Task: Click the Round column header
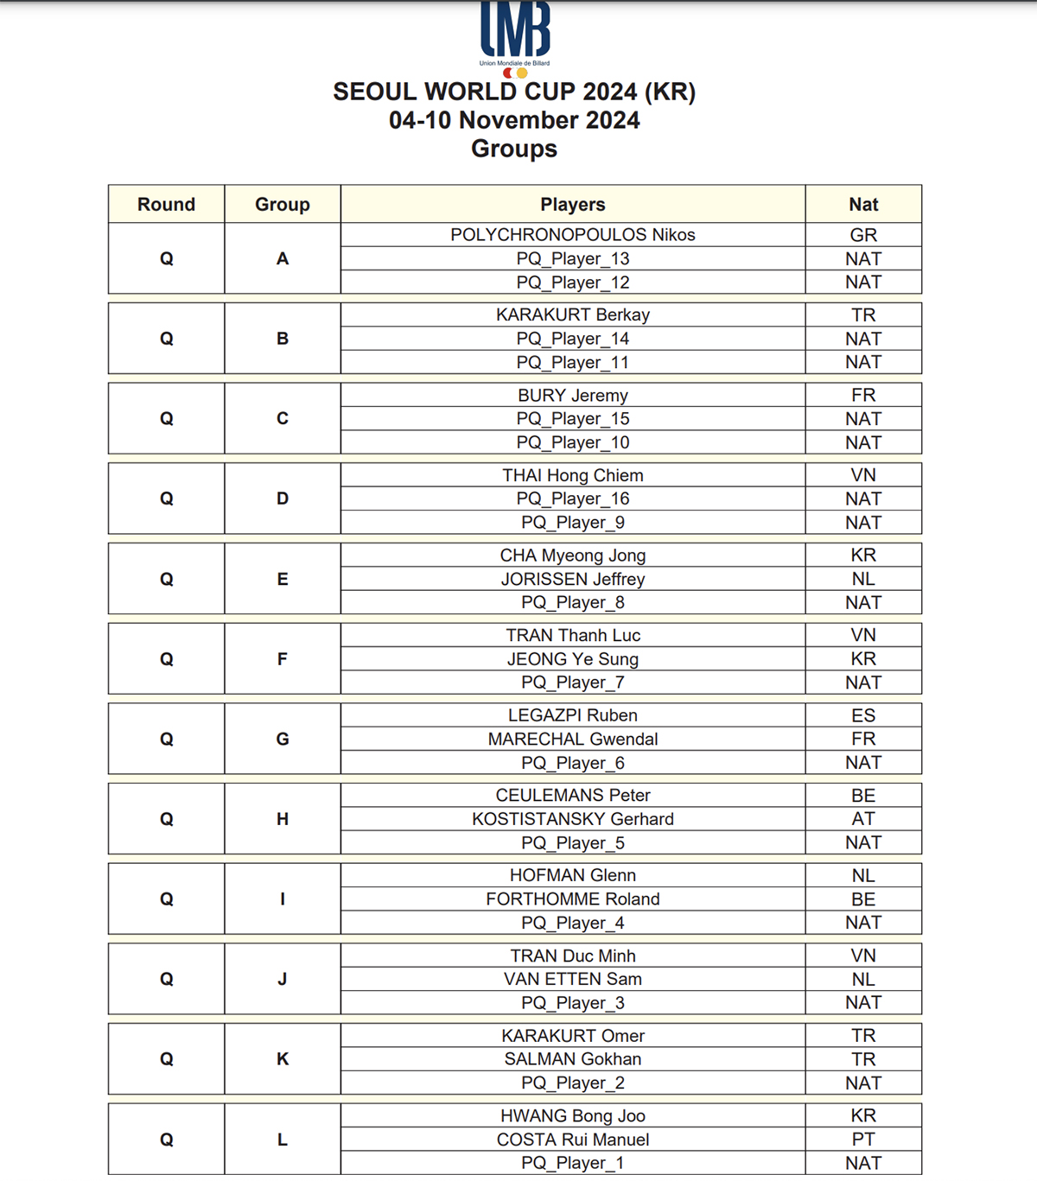pyautogui.click(x=166, y=205)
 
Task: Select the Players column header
pyautogui.click(x=572, y=205)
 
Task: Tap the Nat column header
pyautogui.click(x=862, y=205)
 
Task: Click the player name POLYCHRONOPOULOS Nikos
pyautogui.click(x=572, y=235)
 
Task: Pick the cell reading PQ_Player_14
pyautogui.click(x=572, y=339)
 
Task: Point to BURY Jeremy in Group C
pyautogui.click(x=572, y=396)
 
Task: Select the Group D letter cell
pyautogui.click(x=282, y=498)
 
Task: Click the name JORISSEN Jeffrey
pyautogui.click(x=572, y=579)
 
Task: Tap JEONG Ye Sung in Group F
pyautogui.click(x=572, y=659)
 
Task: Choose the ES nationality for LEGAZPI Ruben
pyautogui.click(x=862, y=715)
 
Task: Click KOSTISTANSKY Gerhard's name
pyautogui.click(x=572, y=819)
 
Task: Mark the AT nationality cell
pyautogui.click(x=862, y=819)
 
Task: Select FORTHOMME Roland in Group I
pyautogui.click(x=572, y=899)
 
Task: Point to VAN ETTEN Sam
pyautogui.click(x=572, y=979)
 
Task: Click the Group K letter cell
pyautogui.click(x=282, y=1059)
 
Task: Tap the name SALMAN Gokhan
pyautogui.click(x=572, y=1059)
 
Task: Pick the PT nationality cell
pyautogui.click(x=862, y=1140)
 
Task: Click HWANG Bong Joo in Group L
pyautogui.click(x=572, y=1116)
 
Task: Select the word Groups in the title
pyautogui.click(x=514, y=149)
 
